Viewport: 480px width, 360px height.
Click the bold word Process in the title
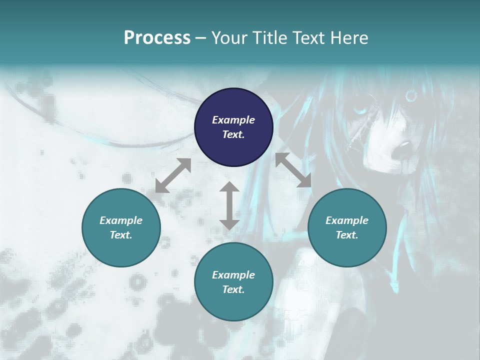(x=157, y=38)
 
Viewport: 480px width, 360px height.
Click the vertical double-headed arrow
(x=229, y=205)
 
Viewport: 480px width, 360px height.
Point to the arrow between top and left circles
(x=173, y=175)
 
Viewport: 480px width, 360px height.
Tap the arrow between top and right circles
(x=293, y=170)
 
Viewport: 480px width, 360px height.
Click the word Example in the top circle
(x=233, y=120)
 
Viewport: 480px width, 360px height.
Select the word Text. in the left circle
(x=121, y=235)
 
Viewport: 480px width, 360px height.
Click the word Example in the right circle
(x=347, y=220)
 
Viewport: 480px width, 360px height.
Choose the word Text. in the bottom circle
(x=233, y=289)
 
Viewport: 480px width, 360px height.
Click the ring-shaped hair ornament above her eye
(x=413, y=94)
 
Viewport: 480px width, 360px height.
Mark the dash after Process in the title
(x=200, y=38)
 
